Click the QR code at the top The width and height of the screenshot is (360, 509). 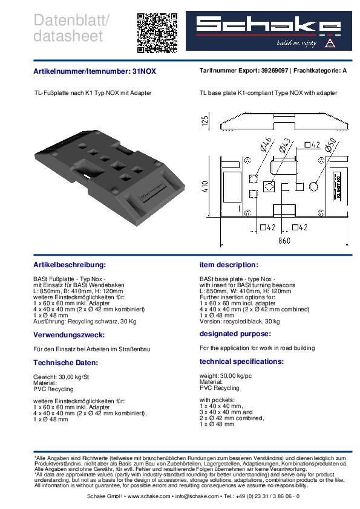(x=157, y=33)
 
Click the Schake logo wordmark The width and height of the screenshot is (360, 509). (x=269, y=25)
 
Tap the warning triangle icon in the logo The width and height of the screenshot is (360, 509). (x=330, y=43)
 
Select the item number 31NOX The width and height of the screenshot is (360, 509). (x=144, y=71)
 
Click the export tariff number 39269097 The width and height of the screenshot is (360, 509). (x=275, y=71)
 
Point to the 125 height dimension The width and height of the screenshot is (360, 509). (x=205, y=121)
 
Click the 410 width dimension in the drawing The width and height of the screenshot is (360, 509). (x=205, y=187)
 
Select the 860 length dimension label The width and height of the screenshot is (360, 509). (x=284, y=241)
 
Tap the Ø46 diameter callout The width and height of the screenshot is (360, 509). (x=266, y=144)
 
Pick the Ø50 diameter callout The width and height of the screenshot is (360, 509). (x=330, y=144)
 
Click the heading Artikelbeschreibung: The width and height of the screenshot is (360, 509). (x=70, y=265)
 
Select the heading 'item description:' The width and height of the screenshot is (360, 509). (x=229, y=265)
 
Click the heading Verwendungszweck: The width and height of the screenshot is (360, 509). (x=69, y=335)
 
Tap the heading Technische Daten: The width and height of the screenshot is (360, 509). (x=65, y=363)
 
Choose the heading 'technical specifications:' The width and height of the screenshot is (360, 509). (x=242, y=361)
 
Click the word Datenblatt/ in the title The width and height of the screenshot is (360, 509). (x=71, y=20)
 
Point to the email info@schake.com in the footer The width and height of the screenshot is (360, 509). (x=197, y=496)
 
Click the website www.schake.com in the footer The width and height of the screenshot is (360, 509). (x=149, y=496)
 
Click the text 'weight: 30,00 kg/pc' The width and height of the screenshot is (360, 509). (x=226, y=375)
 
